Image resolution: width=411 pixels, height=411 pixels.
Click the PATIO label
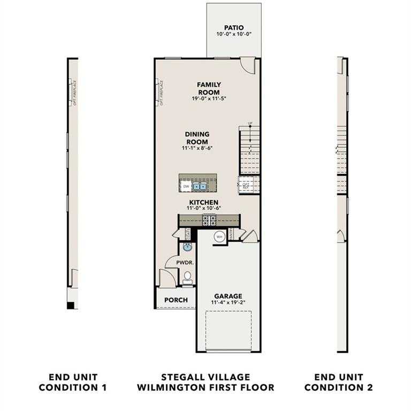(234, 27)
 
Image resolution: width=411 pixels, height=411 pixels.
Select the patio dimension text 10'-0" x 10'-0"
(234, 34)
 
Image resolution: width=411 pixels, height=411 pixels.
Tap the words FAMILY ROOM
(209, 88)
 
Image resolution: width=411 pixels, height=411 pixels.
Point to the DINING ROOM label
(197, 138)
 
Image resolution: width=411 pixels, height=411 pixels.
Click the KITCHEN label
(202, 202)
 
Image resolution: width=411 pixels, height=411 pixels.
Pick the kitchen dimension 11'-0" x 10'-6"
(204, 208)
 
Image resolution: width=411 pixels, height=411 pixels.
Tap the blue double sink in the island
(201, 186)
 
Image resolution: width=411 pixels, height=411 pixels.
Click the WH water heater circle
(219, 236)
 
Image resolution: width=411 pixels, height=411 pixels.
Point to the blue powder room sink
(187, 247)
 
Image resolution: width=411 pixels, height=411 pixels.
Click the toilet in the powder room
(187, 277)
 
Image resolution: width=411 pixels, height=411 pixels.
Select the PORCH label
(176, 300)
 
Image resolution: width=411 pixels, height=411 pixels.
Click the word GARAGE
(229, 296)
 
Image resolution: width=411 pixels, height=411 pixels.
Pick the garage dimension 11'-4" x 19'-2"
(229, 302)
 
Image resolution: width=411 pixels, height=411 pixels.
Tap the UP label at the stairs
(249, 124)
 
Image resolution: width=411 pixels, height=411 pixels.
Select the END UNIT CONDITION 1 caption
(74, 382)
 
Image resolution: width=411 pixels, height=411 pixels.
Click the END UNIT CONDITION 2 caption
(342, 382)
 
